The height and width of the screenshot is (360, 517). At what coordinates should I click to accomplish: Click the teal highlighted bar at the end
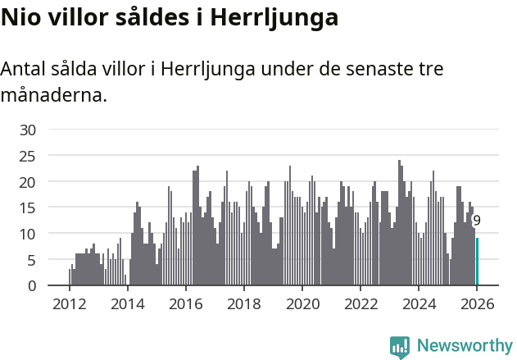click(x=478, y=262)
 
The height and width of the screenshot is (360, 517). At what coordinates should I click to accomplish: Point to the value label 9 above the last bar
click(x=477, y=221)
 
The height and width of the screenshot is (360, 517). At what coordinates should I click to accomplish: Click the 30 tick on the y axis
click(x=28, y=130)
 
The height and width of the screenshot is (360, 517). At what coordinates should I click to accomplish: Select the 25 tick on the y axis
click(x=28, y=156)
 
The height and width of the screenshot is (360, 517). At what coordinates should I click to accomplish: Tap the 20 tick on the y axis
click(x=28, y=182)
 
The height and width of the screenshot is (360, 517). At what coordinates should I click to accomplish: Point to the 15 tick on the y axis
click(x=28, y=207)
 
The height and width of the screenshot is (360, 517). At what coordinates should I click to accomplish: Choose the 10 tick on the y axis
click(x=28, y=234)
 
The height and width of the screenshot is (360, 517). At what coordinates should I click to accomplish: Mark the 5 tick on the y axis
click(x=31, y=260)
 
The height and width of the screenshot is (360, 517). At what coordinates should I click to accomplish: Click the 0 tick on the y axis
click(x=31, y=286)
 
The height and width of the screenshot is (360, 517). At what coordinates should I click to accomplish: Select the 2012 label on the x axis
click(x=69, y=305)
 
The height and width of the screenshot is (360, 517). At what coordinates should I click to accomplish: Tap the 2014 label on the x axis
click(x=127, y=305)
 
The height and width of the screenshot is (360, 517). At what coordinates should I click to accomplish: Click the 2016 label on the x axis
click(x=185, y=305)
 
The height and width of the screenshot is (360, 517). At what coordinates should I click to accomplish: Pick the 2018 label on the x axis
click(x=243, y=305)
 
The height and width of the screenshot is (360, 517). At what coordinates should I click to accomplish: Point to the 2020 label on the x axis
click(x=302, y=305)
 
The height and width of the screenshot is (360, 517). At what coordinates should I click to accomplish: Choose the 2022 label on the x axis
click(x=360, y=305)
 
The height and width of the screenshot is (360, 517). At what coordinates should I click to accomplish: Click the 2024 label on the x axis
click(x=418, y=305)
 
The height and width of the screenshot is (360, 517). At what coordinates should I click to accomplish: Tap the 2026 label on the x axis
click(x=476, y=305)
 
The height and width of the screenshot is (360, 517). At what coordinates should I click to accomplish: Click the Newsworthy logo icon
click(x=400, y=347)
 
